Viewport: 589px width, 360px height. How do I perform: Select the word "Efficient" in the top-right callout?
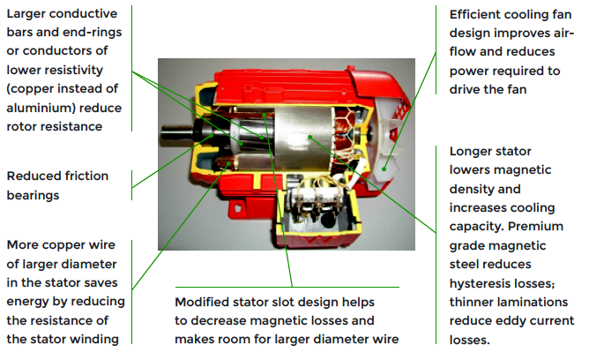(477, 14)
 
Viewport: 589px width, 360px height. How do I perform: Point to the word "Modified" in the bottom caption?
(204, 301)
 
